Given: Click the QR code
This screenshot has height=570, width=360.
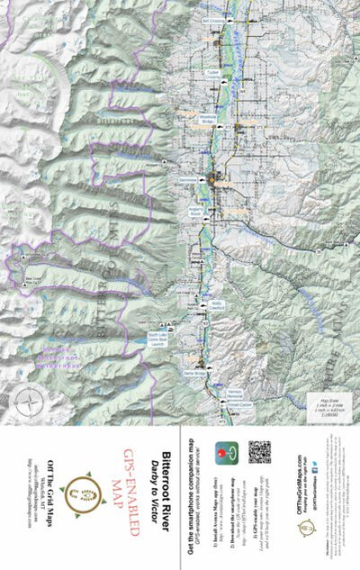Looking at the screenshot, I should point(259,451).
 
